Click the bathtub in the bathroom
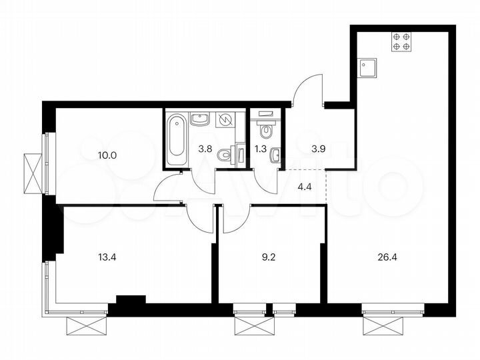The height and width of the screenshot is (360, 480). click(177, 141)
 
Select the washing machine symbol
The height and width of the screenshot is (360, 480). click(226, 120)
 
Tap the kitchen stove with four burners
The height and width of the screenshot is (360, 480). click(401, 42)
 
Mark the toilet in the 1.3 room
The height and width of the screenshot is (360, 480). click(265, 129)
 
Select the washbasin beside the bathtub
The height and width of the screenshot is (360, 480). click(200, 119)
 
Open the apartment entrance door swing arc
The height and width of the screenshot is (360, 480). click(309, 90)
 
